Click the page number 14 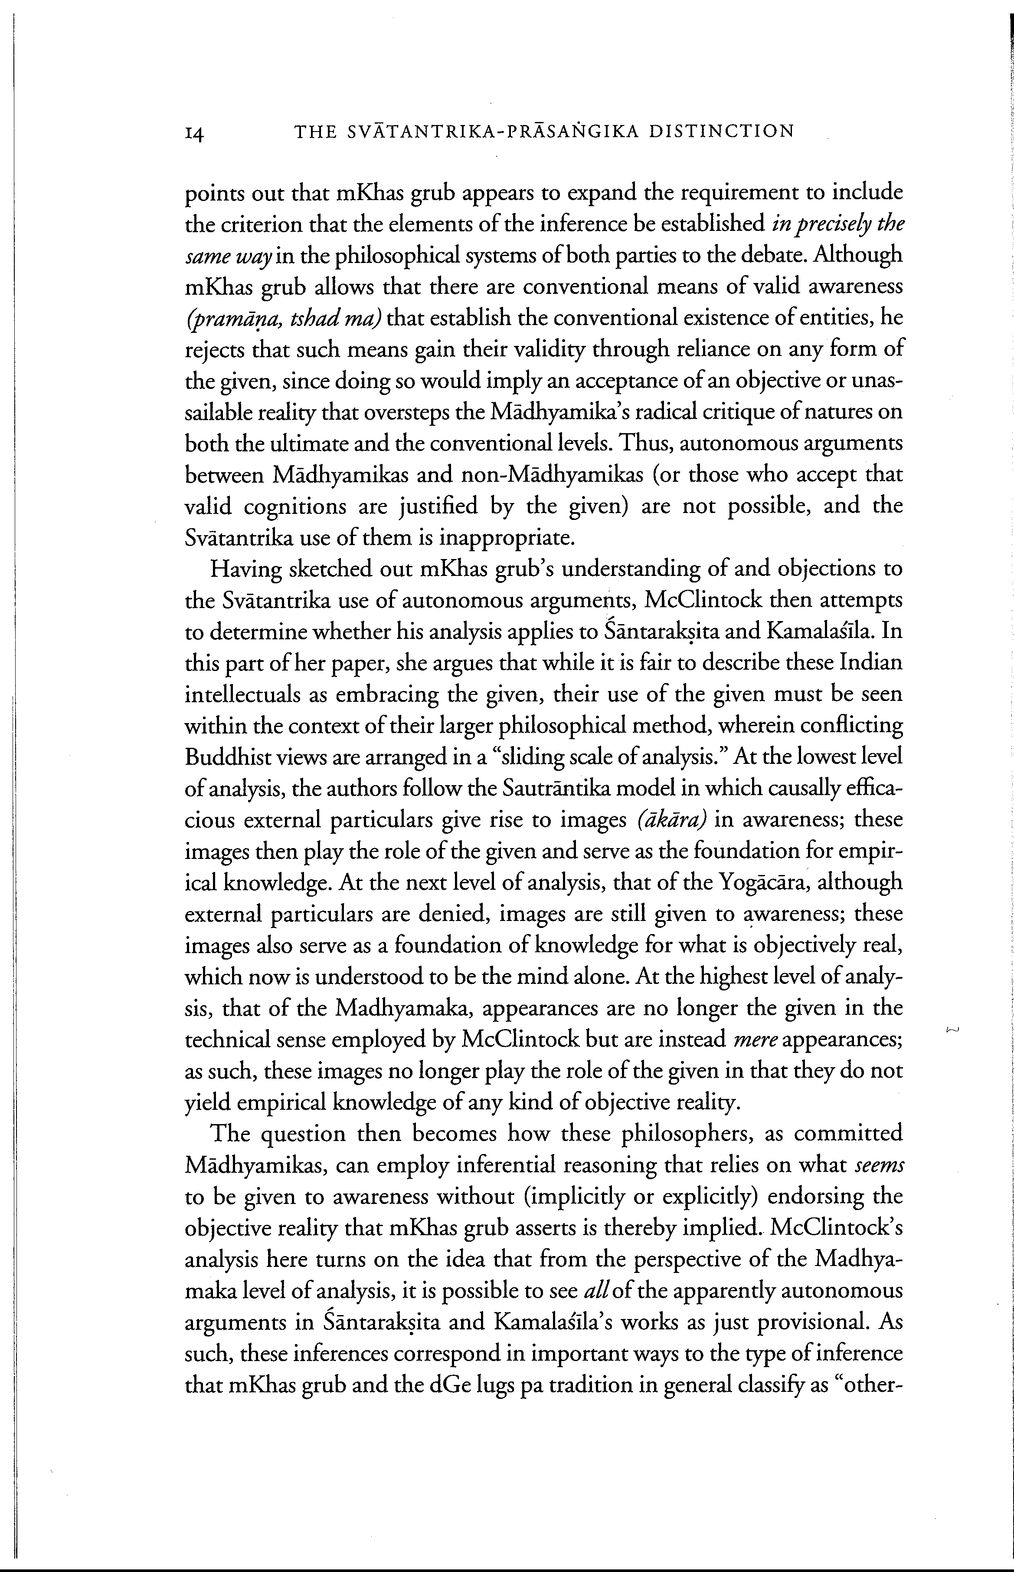[x=195, y=134]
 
